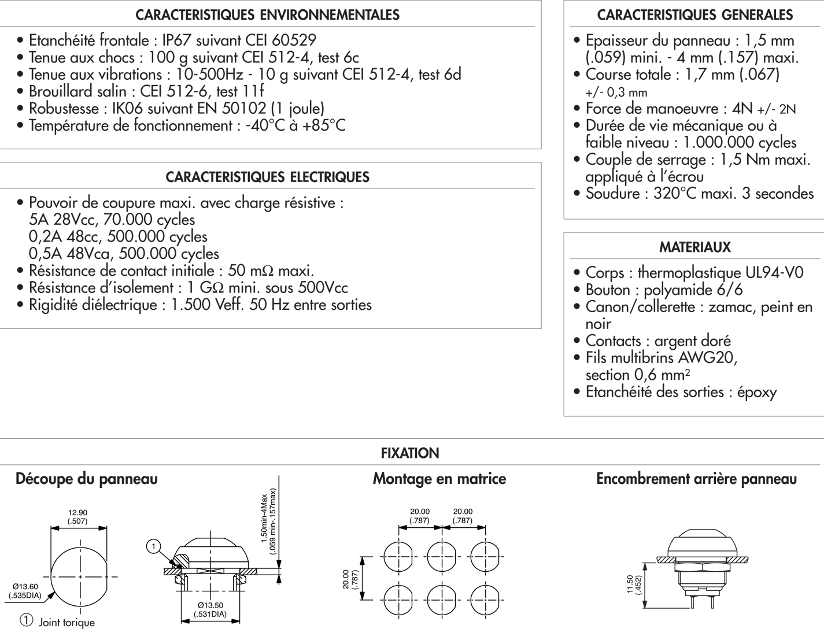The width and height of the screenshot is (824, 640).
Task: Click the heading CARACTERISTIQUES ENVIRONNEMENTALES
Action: pyautogui.click(x=267, y=15)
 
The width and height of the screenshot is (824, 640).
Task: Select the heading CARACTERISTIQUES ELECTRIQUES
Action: pyautogui.click(x=267, y=177)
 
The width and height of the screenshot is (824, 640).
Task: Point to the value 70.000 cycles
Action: pyautogui.click(x=149, y=220)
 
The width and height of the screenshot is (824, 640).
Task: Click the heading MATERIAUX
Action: pyautogui.click(x=695, y=247)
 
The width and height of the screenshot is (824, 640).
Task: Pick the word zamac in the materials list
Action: pyautogui.click(x=729, y=307)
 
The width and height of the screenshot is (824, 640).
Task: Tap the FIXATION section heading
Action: pyautogui.click(x=410, y=453)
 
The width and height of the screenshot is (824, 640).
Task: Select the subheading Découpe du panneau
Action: pyautogui.click(x=87, y=479)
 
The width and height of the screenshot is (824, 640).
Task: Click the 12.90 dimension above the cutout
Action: pyautogui.click(x=77, y=513)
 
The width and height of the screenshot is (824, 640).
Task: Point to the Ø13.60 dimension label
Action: pyautogui.click(x=25, y=587)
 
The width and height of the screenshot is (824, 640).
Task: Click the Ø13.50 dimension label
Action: pyautogui.click(x=210, y=605)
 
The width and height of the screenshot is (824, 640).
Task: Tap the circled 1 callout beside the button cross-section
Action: pyautogui.click(x=154, y=546)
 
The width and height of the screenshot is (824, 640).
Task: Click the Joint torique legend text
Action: pyautogui.click(x=66, y=623)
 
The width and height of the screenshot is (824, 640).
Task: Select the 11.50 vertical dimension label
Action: pyautogui.click(x=630, y=584)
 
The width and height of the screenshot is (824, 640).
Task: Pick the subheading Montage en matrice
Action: pyautogui.click(x=439, y=479)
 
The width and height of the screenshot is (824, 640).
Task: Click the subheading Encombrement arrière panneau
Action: pyautogui.click(x=697, y=479)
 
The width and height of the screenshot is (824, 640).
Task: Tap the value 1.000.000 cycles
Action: pyautogui.click(x=740, y=143)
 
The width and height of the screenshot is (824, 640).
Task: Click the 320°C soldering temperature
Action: pyautogui.click(x=675, y=194)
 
